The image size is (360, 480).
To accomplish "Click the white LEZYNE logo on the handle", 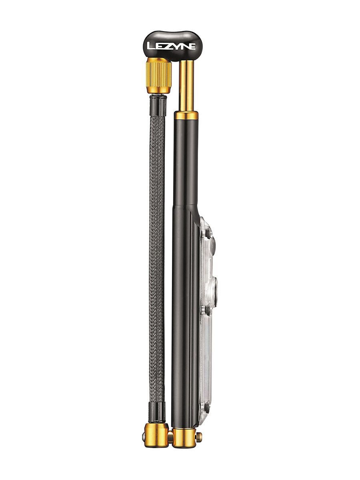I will click(171, 46).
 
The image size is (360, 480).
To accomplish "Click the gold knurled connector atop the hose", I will click(159, 75).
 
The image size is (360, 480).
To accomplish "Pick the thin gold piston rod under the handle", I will click(186, 86).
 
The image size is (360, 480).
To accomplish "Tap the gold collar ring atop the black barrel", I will click(186, 116).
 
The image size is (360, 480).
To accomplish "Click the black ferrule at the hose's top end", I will click(158, 105).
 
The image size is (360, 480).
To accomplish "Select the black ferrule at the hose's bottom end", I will click(157, 413).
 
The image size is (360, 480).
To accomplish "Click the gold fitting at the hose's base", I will click(156, 434).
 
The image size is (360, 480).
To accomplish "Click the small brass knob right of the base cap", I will click(199, 436).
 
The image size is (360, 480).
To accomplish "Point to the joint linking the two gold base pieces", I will click(170, 436).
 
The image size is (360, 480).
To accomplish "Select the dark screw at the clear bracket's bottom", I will click(207, 406).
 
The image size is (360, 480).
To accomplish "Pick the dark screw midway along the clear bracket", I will click(207, 309).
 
